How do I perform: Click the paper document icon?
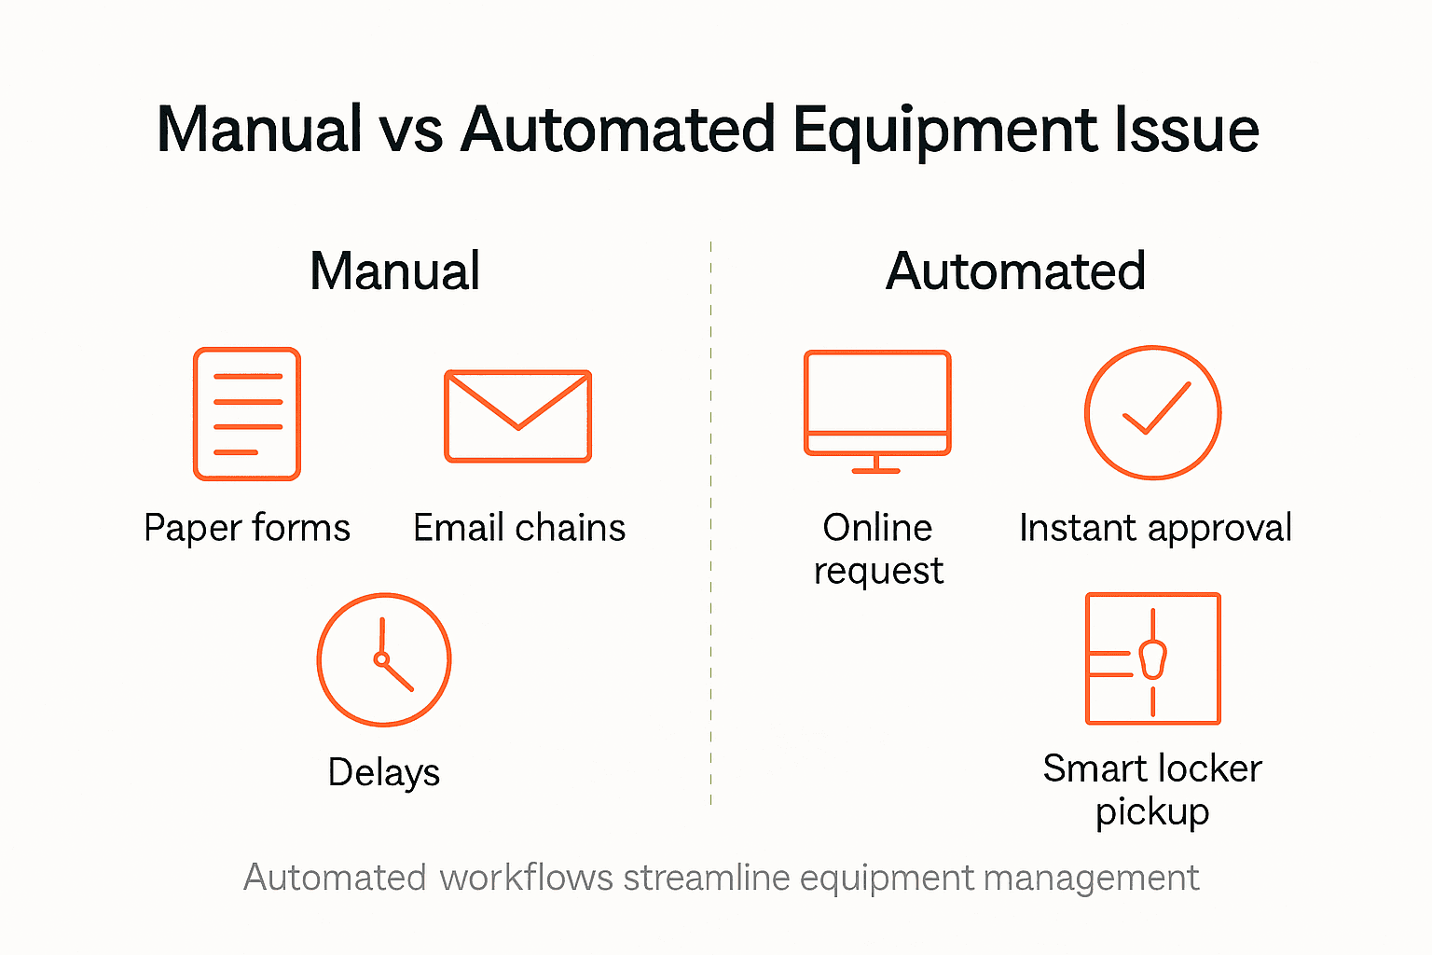coord(247,414)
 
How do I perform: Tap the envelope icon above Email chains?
coord(517,416)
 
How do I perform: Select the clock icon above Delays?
coord(384,659)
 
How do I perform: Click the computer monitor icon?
coord(877,410)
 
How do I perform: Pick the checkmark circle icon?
coord(1153,412)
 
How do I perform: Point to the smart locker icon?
coord(1153,658)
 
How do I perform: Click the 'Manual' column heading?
coord(394,271)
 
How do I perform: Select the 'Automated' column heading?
coord(1015,271)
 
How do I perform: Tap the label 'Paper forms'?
coord(247,528)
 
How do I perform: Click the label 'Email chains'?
coord(519,528)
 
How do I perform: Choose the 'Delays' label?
coord(384,772)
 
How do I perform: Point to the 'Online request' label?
coord(878,549)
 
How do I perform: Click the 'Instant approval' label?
coord(1155,528)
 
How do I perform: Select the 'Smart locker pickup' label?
coord(1152,790)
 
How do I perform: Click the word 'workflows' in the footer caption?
coord(526,878)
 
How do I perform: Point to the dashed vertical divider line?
coord(710,522)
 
